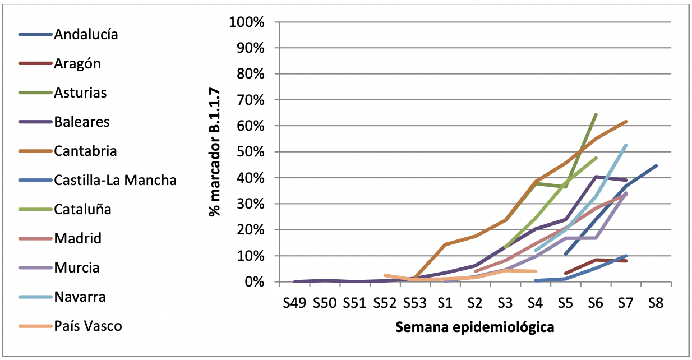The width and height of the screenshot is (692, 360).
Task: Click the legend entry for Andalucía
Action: tap(86, 34)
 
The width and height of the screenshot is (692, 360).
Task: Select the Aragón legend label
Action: tap(77, 63)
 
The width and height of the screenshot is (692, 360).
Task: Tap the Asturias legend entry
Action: tap(80, 93)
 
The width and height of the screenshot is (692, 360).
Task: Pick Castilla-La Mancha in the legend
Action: tap(115, 180)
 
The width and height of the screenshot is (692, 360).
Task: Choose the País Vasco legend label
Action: tap(87, 326)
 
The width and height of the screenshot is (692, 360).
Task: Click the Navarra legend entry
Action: tap(80, 297)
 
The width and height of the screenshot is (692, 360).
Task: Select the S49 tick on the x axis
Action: tap(294, 303)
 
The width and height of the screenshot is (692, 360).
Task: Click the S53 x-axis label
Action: tap(414, 303)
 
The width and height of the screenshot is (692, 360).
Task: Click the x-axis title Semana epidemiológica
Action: tap(475, 327)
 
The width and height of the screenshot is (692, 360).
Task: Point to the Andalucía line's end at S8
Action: tap(656, 165)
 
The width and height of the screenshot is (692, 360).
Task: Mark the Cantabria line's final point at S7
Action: tap(626, 122)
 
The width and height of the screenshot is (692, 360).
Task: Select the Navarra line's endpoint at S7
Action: tap(626, 145)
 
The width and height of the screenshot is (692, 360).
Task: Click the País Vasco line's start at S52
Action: tap(385, 275)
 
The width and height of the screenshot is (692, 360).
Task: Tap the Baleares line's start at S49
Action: tap(294, 281)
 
